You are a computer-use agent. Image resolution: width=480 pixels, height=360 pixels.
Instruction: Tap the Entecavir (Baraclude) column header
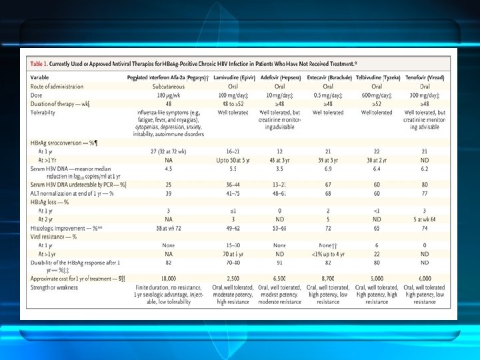329,78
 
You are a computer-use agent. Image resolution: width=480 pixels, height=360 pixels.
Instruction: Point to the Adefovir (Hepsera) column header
279,78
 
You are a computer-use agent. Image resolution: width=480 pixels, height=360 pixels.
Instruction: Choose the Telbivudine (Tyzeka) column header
377,78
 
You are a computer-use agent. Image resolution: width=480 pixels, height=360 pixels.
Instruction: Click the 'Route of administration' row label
56,86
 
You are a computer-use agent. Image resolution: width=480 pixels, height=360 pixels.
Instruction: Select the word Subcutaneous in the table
168,86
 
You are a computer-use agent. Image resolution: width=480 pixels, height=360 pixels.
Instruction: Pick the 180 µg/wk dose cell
168,95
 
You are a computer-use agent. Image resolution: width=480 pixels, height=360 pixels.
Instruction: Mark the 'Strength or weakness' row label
54,287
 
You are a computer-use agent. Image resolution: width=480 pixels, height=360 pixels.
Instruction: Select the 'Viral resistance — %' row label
53,236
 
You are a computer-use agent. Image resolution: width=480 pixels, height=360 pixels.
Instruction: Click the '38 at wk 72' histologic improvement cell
168,227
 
